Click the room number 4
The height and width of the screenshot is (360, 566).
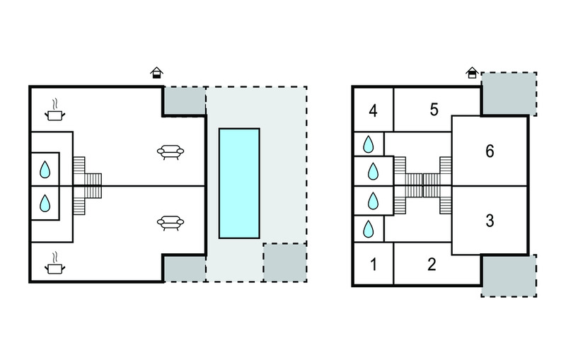[x=374, y=111]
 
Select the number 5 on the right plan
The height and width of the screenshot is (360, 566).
[x=434, y=110]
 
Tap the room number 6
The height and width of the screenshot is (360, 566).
[x=490, y=151]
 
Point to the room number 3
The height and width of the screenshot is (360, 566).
[x=490, y=221]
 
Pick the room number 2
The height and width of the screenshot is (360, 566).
[x=432, y=265]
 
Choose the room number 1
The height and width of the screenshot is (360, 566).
[x=374, y=265]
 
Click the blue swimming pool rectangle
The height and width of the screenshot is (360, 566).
[x=239, y=183]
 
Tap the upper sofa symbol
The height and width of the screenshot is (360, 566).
[x=171, y=152]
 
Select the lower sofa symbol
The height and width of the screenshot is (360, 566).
[x=171, y=223]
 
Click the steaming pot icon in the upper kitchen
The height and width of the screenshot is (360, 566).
[x=55, y=110]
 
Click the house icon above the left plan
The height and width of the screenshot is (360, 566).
[x=156, y=73]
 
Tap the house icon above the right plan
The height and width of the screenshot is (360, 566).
[x=472, y=73]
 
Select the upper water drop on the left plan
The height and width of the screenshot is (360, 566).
[x=45, y=170]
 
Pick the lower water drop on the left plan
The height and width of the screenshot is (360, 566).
[x=45, y=203]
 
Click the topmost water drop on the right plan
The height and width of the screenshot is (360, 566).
[x=368, y=144]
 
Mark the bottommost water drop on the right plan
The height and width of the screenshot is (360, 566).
[x=368, y=229]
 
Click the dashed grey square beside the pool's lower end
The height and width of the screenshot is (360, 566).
[x=285, y=262]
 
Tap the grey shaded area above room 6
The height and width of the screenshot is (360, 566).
[x=509, y=94]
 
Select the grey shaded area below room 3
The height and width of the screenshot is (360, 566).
[x=509, y=276]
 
